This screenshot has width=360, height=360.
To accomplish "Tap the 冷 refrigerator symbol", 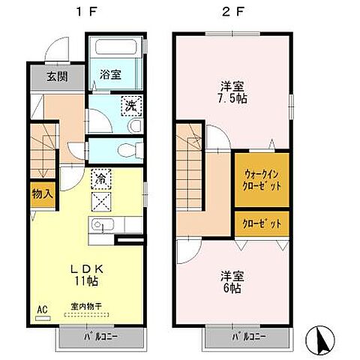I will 100,180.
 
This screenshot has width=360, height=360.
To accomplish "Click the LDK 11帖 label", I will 86,274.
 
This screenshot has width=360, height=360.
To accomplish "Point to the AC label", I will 42,307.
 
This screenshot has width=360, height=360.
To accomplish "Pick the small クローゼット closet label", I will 262,223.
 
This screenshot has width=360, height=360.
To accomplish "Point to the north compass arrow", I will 323,341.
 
